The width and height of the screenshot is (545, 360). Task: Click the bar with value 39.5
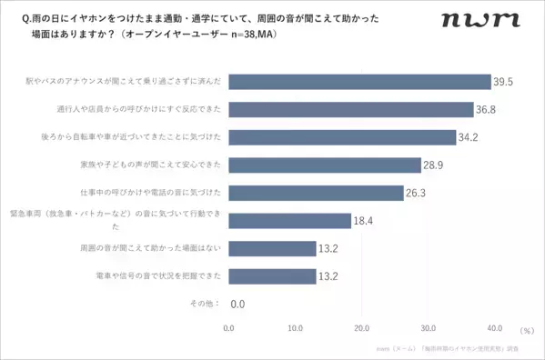[x=359, y=82]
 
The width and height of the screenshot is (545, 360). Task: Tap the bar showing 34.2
[x=341, y=137]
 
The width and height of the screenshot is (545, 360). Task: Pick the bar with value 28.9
[x=324, y=165]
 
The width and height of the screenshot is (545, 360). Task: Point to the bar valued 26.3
[x=315, y=193]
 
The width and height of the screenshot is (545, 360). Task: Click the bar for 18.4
[x=289, y=220]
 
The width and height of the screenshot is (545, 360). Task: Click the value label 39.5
[x=504, y=82]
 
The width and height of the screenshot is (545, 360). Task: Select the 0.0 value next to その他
[x=238, y=304]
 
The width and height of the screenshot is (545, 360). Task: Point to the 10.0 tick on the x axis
[x=295, y=328]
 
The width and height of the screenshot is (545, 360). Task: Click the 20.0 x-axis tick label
[x=361, y=328]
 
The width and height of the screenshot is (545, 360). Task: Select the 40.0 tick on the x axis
[x=494, y=328]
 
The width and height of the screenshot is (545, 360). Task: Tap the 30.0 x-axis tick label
[x=428, y=328]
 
